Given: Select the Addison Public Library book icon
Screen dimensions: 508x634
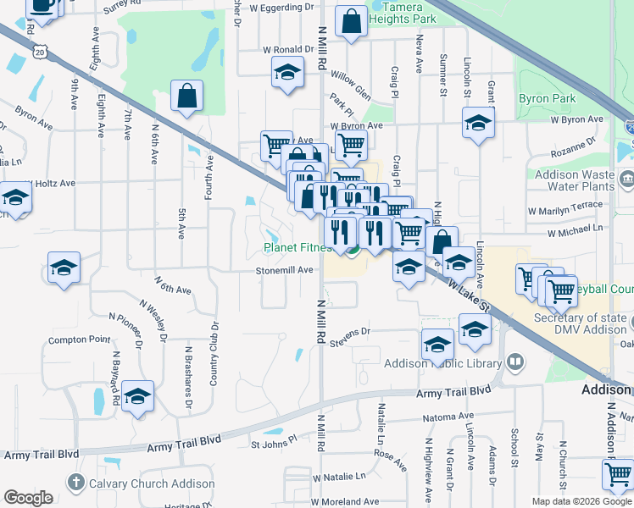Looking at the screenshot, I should click(x=515, y=363).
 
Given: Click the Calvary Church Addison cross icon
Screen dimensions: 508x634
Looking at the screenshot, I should click(x=76, y=483).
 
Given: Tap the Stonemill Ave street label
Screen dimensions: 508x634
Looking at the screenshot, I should click(x=285, y=270).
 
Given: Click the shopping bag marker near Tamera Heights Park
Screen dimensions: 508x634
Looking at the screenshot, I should click(x=351, y=21).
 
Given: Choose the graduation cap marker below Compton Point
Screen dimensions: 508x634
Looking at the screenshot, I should click(x=137, y=397).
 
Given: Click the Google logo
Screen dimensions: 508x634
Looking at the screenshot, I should click(x=28, y=498).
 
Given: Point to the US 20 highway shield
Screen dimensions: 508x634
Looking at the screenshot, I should click(x=40, y=52).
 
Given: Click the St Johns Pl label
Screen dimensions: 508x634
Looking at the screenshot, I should click(x=275, y=442).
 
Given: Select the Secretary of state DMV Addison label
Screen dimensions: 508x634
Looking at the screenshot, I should click(x=581, y=323).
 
